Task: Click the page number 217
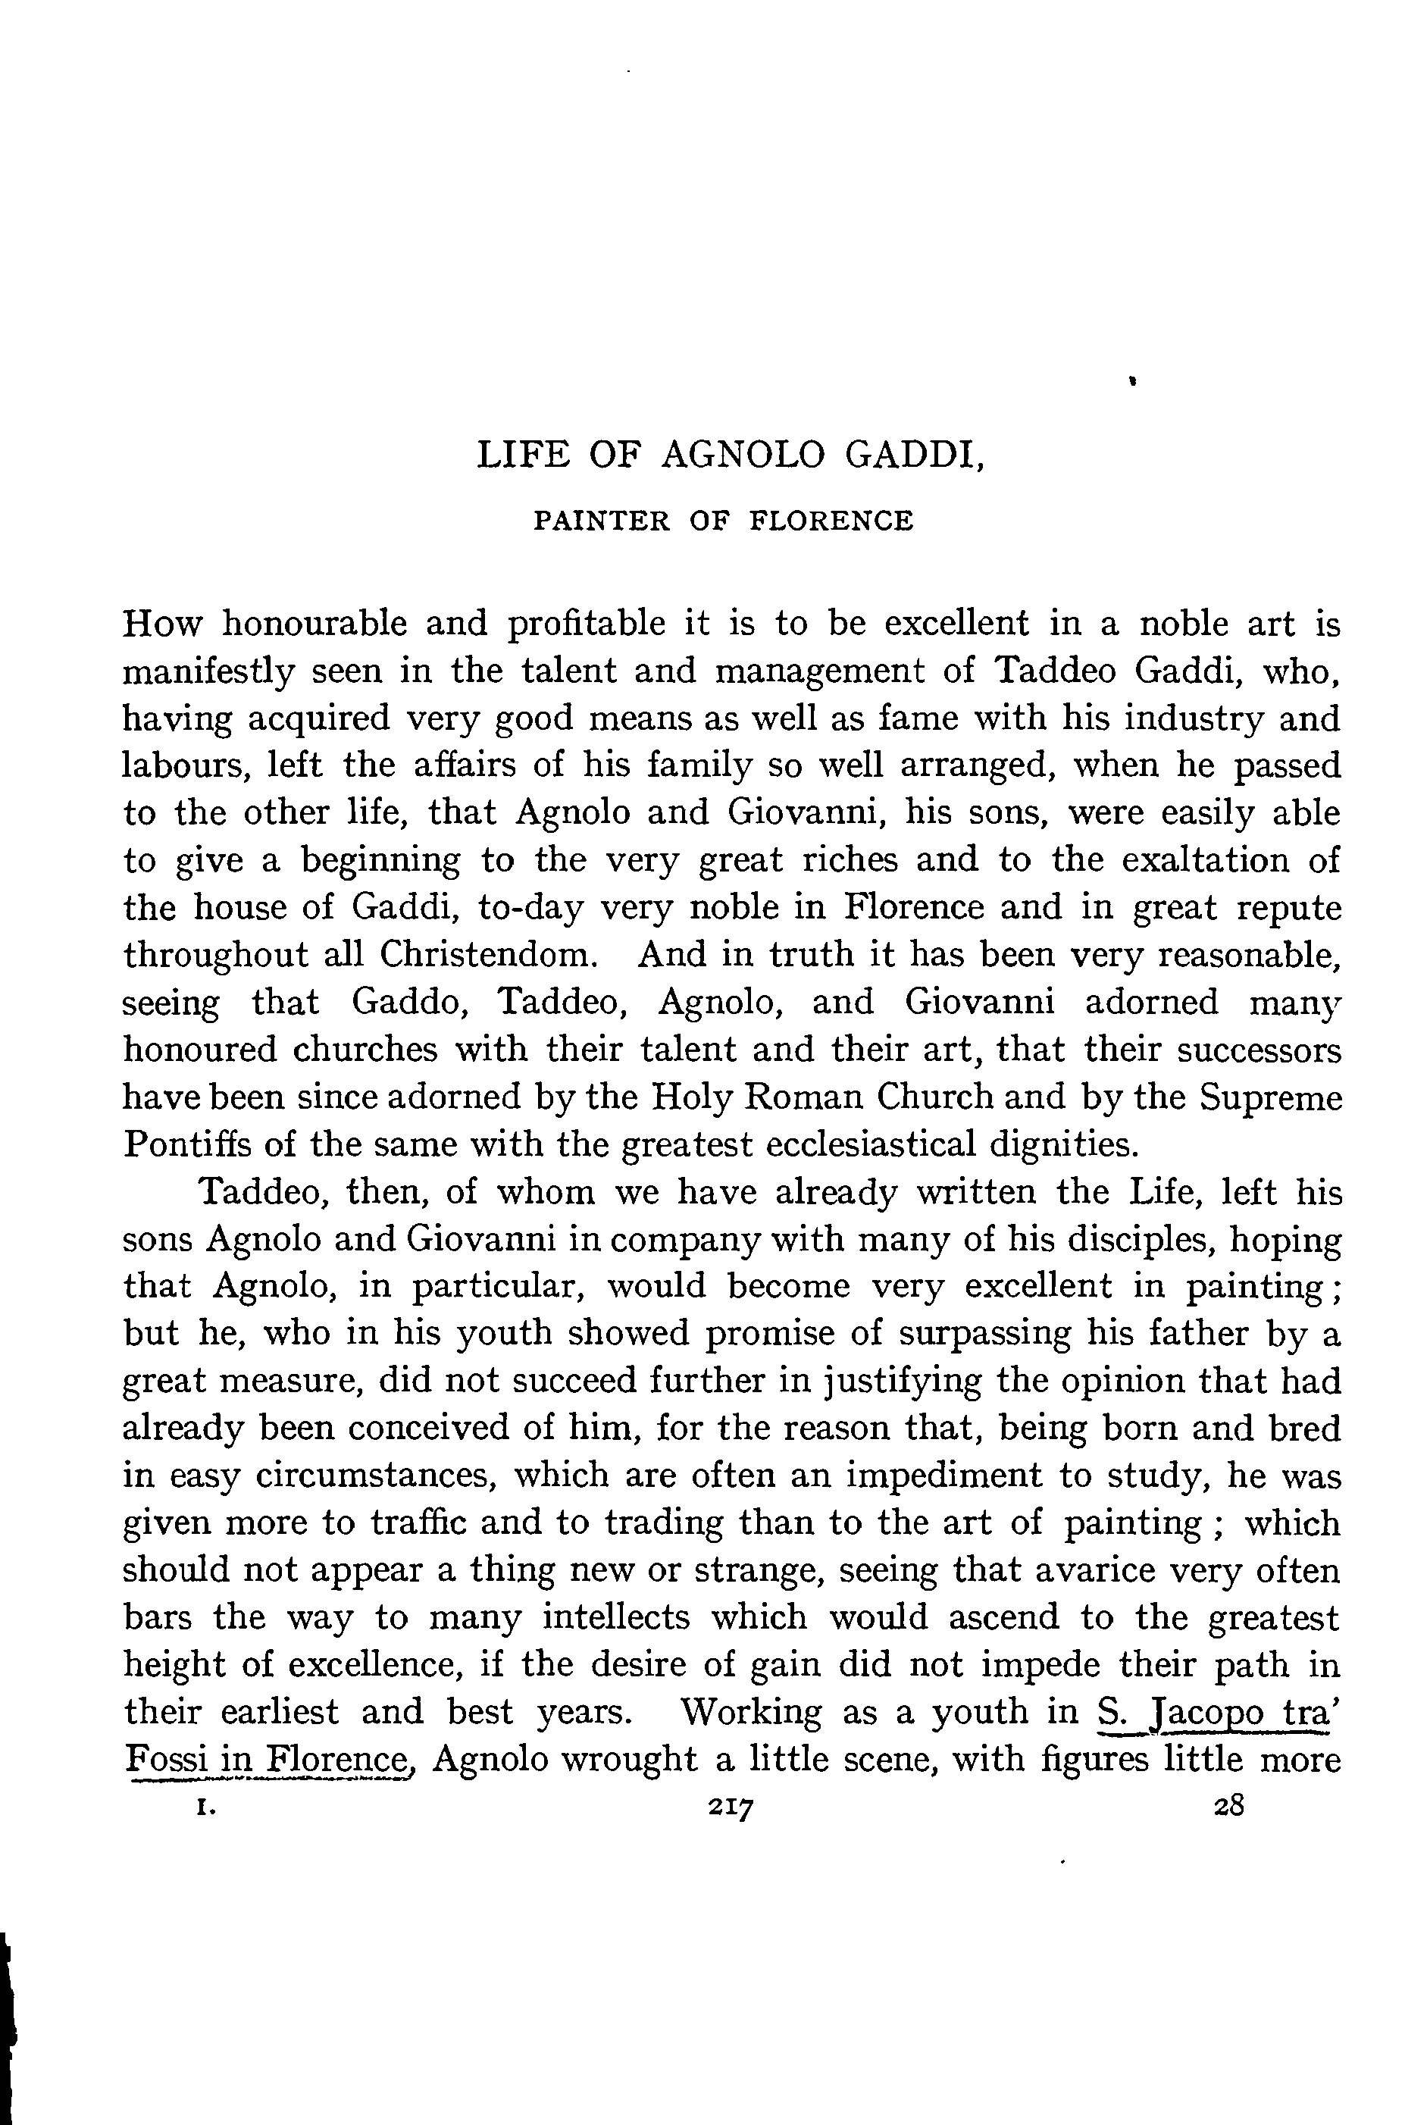731,1807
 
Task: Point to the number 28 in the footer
1228,1806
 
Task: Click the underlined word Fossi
161,1760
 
